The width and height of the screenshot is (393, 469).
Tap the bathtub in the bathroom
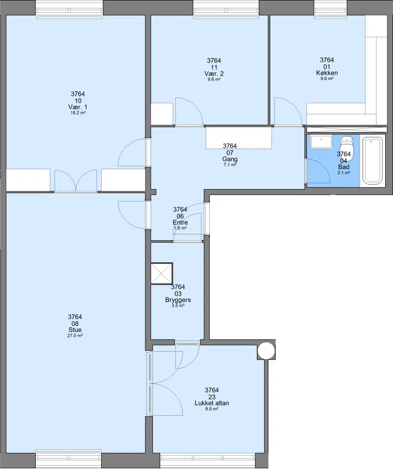pos(373,160)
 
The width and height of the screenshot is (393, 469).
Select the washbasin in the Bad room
pos(321,141)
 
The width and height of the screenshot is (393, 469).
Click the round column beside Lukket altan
pos(266,351)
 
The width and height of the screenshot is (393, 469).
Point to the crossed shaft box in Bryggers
pos(162,274)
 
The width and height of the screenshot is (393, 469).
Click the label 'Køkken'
pos(327,73)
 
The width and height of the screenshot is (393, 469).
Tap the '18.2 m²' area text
pos(78,113)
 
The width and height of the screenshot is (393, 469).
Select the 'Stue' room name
pos(75,330)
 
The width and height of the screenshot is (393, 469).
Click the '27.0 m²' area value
pos(75,335)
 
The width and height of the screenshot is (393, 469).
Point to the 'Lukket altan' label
pos(212,403)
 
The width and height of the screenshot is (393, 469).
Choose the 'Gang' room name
pos(230,159)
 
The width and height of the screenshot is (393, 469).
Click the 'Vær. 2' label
pos(214,74)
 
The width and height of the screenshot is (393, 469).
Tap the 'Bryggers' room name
pos(178,300)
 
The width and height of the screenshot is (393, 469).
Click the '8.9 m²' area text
pos(212,409)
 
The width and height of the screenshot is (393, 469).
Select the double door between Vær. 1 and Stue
pos(76,180)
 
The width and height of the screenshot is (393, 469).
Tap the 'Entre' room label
pos(180,222)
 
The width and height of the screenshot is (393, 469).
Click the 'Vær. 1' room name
pos(78,107)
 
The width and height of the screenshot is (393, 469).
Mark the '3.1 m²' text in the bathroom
pos(344,173)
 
